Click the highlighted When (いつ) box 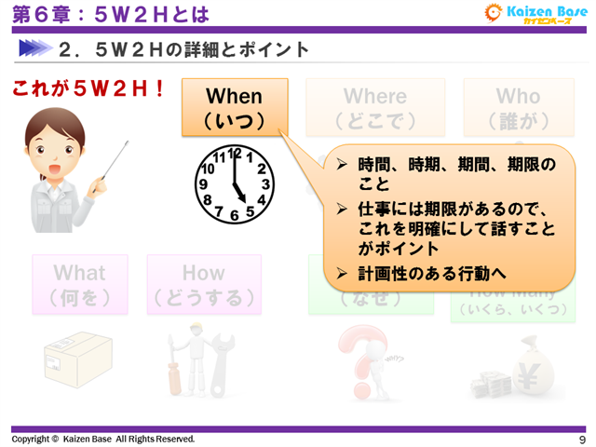click(x=235, y=107)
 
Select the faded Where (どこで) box click(x=375, y=107)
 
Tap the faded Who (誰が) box click(x=518, y=107)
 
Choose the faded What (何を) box click(x=79, y=284)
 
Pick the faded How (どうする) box click(x=203, y=284)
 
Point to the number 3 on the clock click(x=265, y=184)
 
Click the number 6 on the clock click(x=235, y=216)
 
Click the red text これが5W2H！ click(x=89, y=89)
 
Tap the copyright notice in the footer click(x=103, y=439)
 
